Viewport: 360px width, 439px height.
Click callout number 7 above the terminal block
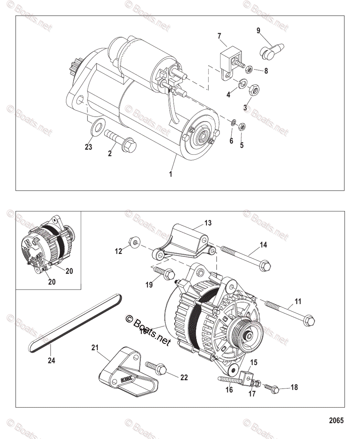click(219, 35)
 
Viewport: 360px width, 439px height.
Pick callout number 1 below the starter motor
click(170, 174)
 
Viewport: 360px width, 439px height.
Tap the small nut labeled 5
click(242, 127)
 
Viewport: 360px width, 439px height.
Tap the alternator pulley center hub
click(248, 333)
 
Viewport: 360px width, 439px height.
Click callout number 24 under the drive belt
click(51, 360)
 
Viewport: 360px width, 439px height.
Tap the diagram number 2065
click(336, 420)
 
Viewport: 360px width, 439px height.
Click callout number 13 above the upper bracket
click(208, 223)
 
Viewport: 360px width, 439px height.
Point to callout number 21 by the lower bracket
click(95, 348)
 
